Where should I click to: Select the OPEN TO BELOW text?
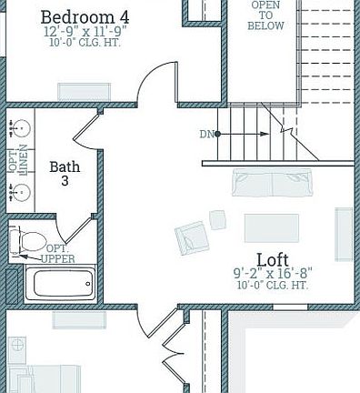(265, 15)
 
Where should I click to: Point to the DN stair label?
(207, 135)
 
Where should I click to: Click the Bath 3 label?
(65, 174)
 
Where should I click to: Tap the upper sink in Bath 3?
(18, 127)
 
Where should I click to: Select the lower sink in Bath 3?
(18, 191)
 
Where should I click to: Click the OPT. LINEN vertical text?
(18, 159)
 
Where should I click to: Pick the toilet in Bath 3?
(27, 241)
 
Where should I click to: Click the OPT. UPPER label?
(58, 254)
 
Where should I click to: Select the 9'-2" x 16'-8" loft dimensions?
(272, 273)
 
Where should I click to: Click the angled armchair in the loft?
(192, 238)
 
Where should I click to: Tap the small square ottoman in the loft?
(218, 219)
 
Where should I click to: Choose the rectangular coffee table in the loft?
(271, 227)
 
